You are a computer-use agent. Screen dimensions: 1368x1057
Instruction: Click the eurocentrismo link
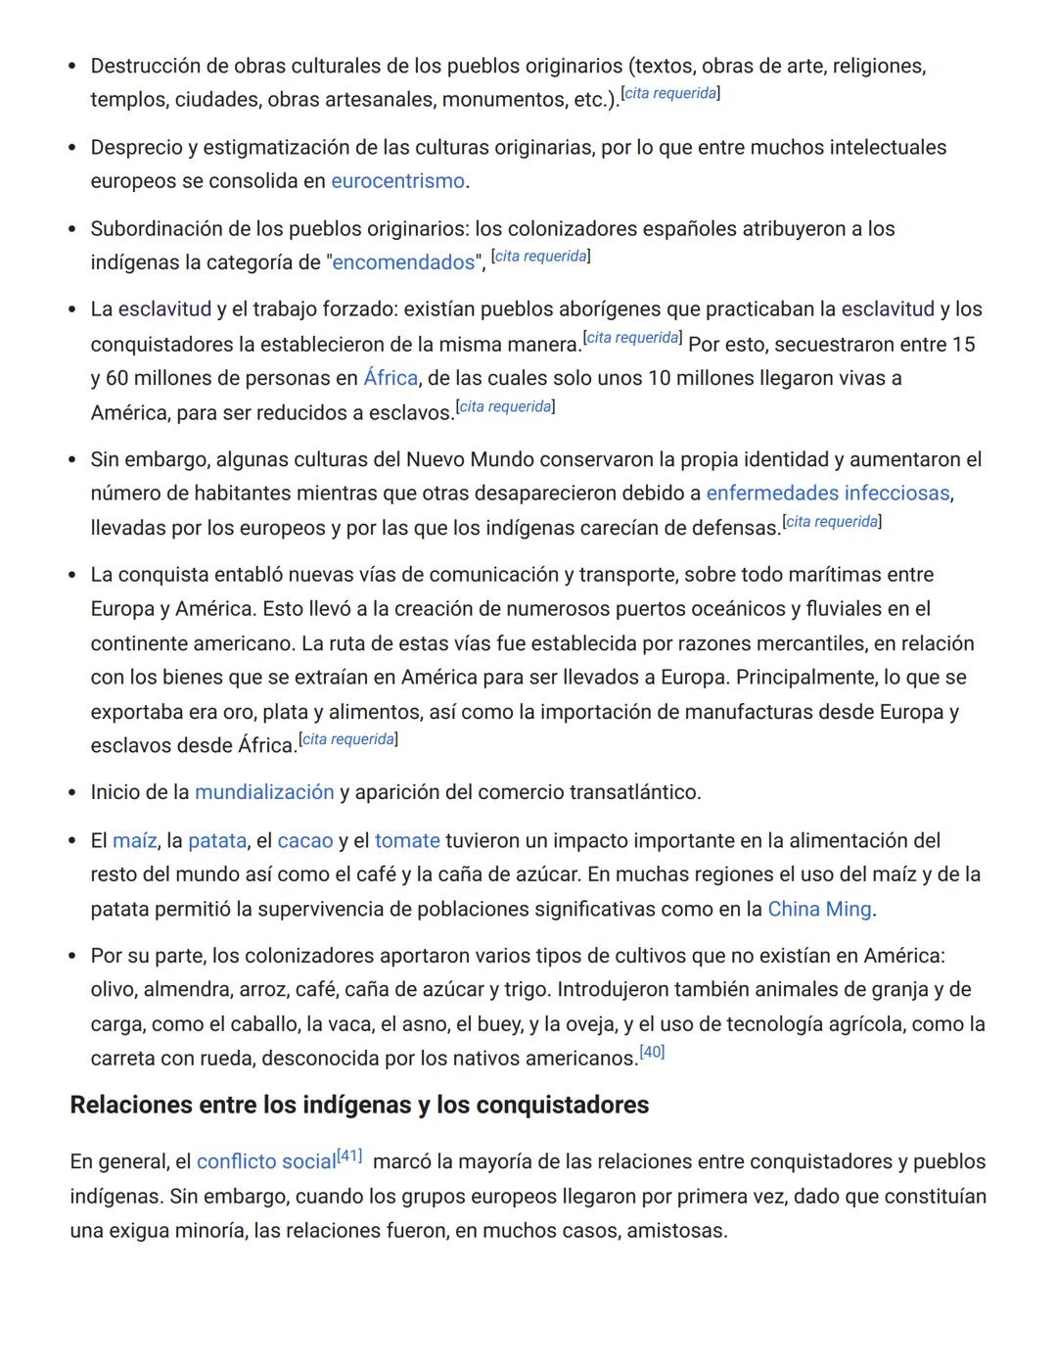pyautogui.click(x=397, y=181)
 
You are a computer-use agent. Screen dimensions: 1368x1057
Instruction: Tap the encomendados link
pyautogui.click(x=403, y=262)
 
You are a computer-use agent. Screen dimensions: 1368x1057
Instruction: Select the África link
pyautogui.click(x=391, y=378)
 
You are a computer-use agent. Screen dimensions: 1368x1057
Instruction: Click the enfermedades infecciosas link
pyautogui.click(x=828, y=494)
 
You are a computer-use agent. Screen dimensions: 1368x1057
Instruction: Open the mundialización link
pyautogui.click(x=264, y=792)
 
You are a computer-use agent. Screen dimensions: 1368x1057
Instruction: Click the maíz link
pyautogui.click(x=134, y=841)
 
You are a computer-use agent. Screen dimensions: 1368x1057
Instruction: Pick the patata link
pyautogui.click(x=217, y=841)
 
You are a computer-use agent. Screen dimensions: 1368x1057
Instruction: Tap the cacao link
pyautogui.click(x=305, y=841)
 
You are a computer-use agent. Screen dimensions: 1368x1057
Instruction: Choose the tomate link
pyautogui.click(x=407, y=841)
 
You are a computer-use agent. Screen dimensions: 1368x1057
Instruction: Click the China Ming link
pyautogui.click(x=819, y=910)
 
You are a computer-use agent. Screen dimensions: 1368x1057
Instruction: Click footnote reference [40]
pyautogui.click(x=652, y=1053)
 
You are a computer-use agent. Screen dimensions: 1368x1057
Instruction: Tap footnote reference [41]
pyautogui.click(x=349, y=1156)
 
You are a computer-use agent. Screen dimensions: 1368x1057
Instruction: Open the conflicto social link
pyautogui.click(x=266, y=1162)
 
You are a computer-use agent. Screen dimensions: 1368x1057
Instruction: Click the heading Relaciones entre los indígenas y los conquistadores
pyautogui.click(x=359, y=1106)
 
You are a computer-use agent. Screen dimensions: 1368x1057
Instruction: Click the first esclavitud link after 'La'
pyautogui.click(x=164, y=309)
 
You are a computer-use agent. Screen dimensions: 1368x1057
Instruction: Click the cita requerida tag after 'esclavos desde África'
pyautogui.click(x=348, y=739)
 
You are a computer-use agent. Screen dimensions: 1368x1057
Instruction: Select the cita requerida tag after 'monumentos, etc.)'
pyautogui.click(x=671, y=93)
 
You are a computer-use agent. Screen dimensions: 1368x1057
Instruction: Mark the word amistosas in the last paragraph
pyautogui.click(x=675, y=1231)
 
